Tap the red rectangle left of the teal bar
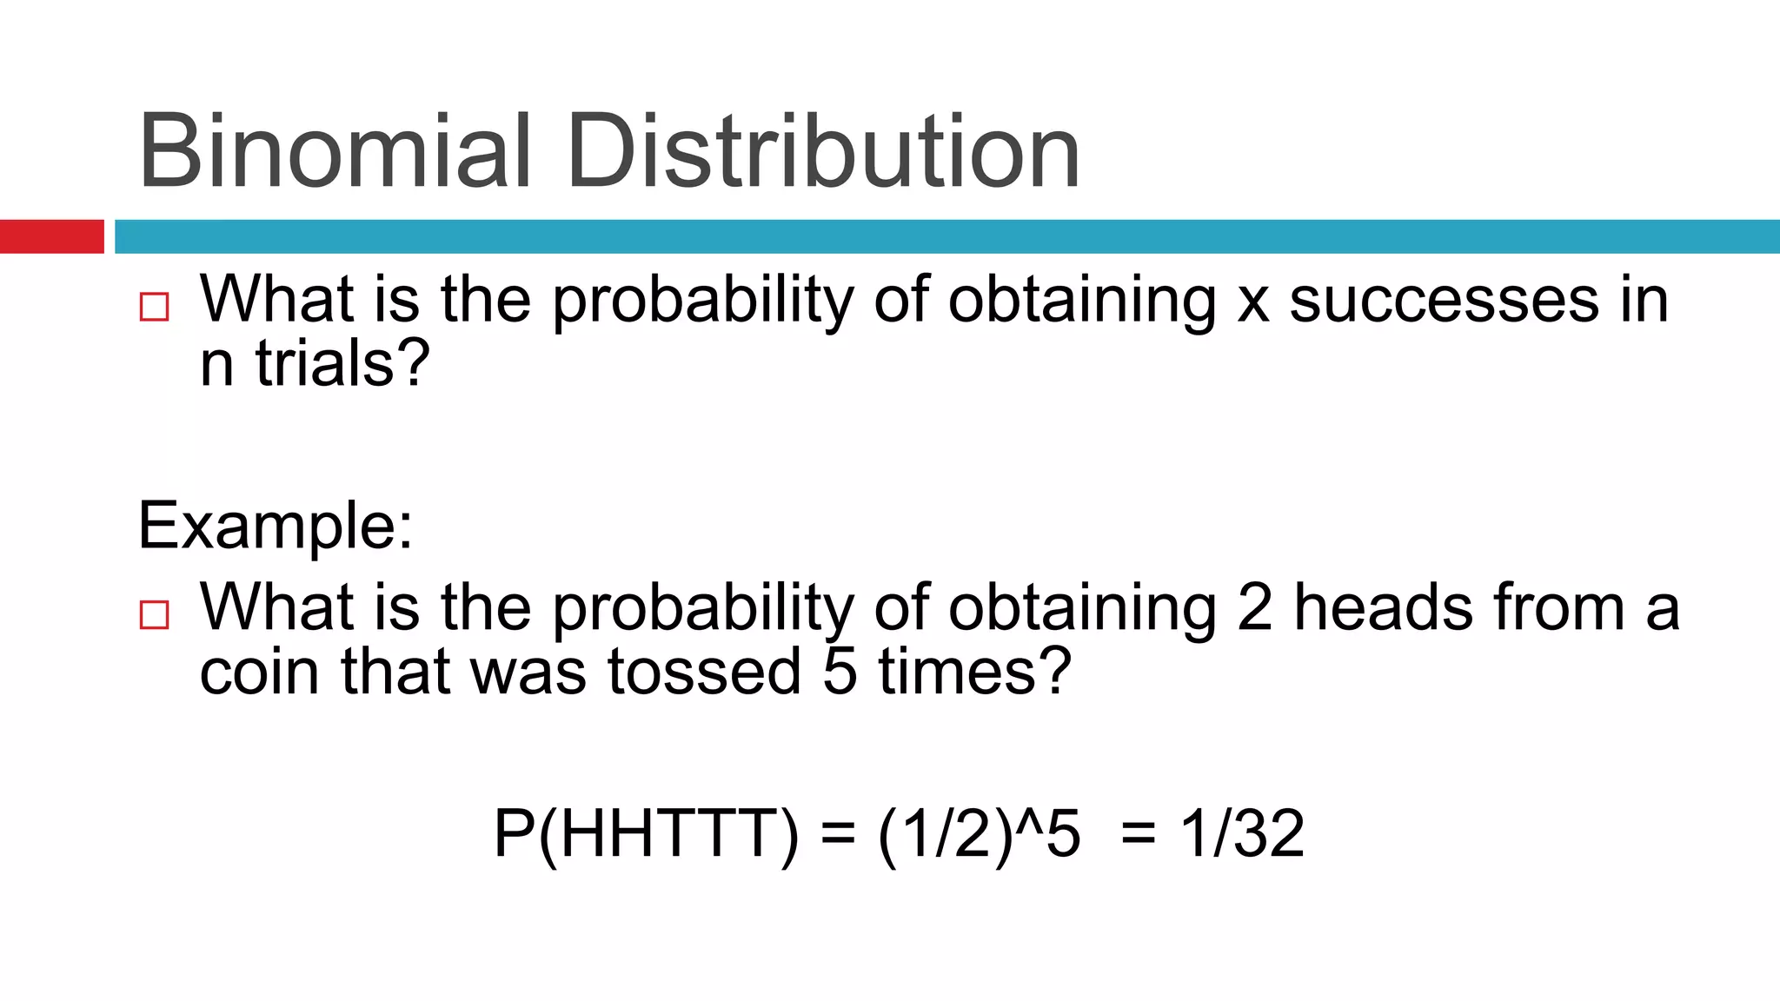click(x=51, y=236)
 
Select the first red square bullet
click(x=154, y=307)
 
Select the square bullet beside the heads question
click(x=154, y=614)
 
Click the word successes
click(x=1444, y=301)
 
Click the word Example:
click(x=276, y=525)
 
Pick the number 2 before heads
click(x=1255, y=607)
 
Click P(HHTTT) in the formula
click(x=646, y=834)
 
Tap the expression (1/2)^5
click(x=979, y=834)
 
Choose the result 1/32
click(x=1242, y=834)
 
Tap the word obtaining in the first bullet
click(x=1082, y=301)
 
